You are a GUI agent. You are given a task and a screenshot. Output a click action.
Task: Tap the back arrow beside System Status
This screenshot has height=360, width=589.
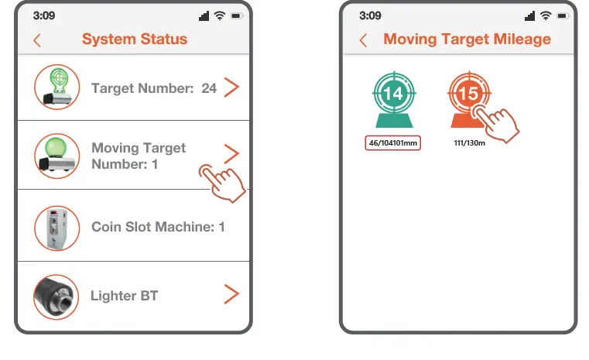37,40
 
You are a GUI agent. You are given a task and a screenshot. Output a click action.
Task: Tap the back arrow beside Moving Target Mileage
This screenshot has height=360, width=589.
363,40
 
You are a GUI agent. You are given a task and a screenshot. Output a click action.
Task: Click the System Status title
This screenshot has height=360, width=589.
135,39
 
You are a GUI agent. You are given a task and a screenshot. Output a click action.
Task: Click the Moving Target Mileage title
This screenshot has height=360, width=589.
467,39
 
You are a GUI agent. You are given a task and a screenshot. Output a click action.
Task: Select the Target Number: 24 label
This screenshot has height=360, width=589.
154,88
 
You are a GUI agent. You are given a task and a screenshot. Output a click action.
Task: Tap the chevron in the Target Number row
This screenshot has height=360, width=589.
231,87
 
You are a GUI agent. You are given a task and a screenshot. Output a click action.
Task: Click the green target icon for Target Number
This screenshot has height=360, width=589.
57,87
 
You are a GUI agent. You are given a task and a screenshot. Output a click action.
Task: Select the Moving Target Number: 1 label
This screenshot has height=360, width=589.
139,156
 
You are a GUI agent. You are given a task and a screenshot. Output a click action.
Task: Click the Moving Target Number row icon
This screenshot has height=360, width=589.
57,155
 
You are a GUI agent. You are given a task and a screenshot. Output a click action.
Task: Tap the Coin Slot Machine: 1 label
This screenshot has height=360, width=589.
158,227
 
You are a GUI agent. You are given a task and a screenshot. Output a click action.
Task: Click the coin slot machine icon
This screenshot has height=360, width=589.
57,227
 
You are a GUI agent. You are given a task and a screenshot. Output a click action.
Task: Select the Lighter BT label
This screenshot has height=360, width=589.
124,296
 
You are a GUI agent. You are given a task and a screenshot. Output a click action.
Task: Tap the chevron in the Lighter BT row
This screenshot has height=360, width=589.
231,294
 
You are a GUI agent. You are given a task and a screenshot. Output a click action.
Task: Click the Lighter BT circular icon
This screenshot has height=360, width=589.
57,296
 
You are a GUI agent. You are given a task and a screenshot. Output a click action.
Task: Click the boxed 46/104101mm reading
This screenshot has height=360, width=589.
393,143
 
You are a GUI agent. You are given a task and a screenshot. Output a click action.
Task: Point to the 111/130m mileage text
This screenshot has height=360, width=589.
470,143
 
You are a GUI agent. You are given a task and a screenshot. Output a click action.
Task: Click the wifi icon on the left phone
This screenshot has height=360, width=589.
220,15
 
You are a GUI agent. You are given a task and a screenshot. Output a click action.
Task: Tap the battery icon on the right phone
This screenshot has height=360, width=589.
561,15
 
